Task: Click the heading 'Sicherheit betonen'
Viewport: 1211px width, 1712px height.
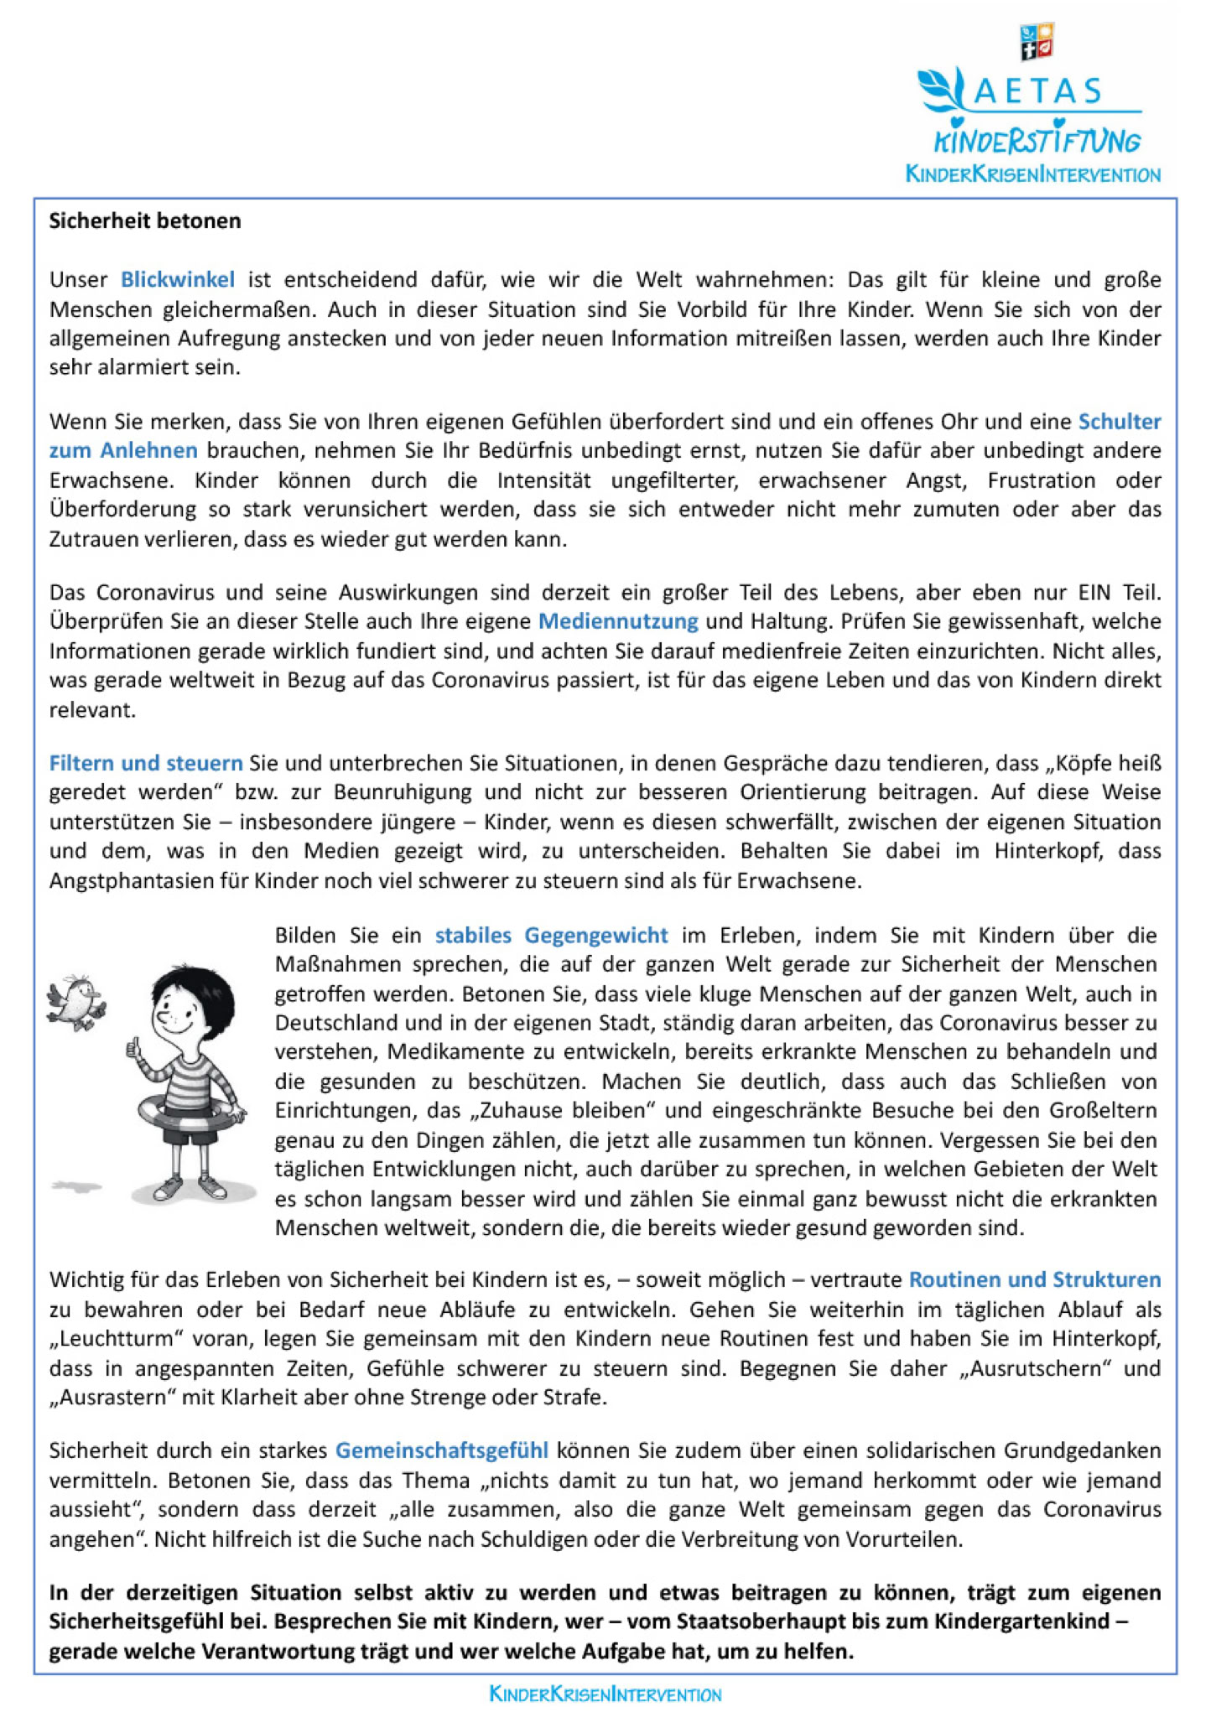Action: point(145,221)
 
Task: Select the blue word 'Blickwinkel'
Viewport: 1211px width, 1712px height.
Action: point(178,279)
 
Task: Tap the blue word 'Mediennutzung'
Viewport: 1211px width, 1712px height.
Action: point(618,621)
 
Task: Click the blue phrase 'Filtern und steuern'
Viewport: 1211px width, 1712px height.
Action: point(146,763)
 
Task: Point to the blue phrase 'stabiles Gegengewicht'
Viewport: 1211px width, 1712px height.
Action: point(551,935)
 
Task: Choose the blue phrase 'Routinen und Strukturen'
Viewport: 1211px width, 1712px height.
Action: point(1035,1279)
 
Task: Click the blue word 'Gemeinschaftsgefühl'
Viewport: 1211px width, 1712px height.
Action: point(442,1450)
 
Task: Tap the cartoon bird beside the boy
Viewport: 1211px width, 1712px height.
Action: point(77,999)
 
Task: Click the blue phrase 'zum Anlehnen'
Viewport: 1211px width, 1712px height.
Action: point(123,450)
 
